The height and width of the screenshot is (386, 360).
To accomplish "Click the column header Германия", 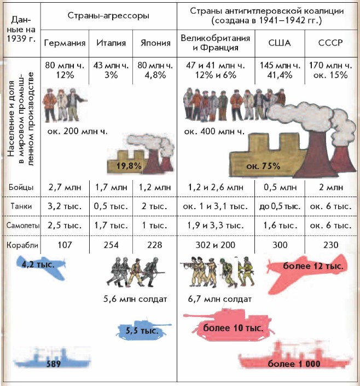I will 65,43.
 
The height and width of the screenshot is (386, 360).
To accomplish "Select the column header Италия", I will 111,43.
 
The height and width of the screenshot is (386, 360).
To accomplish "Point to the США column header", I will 279,43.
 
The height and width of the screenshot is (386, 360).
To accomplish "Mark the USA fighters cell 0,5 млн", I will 279,187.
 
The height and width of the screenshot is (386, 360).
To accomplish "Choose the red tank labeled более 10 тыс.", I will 230,328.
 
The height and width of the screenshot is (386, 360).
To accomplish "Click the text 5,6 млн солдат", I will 135,299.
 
